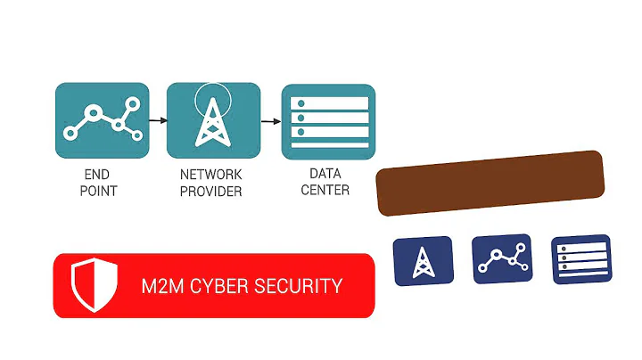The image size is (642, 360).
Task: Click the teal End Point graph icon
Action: point(100,120)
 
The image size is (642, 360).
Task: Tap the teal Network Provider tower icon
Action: point(214,120)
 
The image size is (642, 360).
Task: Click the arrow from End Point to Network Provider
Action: point(157,119)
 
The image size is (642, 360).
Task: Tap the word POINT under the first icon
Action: point(98,192)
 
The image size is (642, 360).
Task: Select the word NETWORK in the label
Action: point(210,176)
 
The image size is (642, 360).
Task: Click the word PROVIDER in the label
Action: point(210,192)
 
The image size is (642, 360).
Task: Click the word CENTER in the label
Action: point(325,190)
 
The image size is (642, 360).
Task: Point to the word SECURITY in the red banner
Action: point(299,287)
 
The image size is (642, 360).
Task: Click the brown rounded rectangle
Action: point(490,183)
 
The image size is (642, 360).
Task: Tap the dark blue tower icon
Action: point(423,261)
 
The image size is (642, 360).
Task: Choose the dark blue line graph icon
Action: point(501,259)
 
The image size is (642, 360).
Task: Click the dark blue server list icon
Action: point(580,259)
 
